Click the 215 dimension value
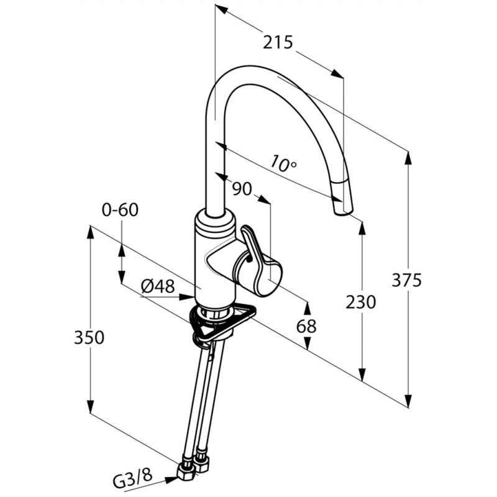pyautogui.click(x=278, y=42)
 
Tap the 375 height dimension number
pyautogui.click(x=407, y=280)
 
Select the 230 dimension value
pyautogui.click(x=361, y=302)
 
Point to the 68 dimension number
pyautogui.click(x=306, y=326)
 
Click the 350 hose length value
pyautogui.click(x=89, y=337)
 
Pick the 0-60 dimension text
pyautogui.click(x=120, y=210)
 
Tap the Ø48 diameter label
pyautogui.click(x=158, y=287)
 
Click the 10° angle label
pyautogui.click(x=283, y=163)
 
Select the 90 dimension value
pyautogui.click(x=242, y=189)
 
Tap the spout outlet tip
pyautogui.click(x=343, y=211)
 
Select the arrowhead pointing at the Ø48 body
pyautogui.click(x=186, y=297)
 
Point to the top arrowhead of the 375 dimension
pyautogui.click(x=409, y=158)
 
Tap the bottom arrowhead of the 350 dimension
pyautogui.click(x=91, y=406)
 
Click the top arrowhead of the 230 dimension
pyautogui.click(x=362, y=228)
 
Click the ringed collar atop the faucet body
pyautogui.click(x=215, y=222)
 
